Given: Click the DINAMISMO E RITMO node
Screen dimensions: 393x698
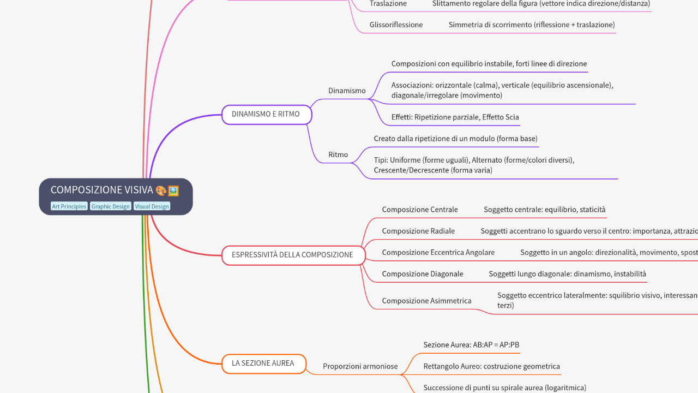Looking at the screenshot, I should click(x=266, y=115).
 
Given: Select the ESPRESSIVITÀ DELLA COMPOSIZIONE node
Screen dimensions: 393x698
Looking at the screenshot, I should click(x=292, y=255).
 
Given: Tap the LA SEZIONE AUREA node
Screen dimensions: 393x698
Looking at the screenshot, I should click(x=263, y=363).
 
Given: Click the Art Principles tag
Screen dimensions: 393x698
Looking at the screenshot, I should click(x=69, y=206).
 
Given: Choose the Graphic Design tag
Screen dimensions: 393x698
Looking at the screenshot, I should click(x=111, y=206).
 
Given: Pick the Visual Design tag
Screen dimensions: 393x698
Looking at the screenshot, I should click(x=152, y=206).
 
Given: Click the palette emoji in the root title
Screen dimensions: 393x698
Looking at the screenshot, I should click(x=161, y=190).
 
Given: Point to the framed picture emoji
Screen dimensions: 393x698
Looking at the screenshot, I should click(x=173, y=190).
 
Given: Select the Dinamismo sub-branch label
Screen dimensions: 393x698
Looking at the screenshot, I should click(x=347, y=91).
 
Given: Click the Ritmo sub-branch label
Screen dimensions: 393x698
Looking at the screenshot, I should click(x=338, y=154).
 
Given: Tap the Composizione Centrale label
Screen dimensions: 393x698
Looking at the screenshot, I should click(x=420, y=210).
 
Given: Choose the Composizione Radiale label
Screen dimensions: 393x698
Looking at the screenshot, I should click(x=418, y=231).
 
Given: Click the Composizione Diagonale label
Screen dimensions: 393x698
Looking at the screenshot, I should click(x=423, y=274).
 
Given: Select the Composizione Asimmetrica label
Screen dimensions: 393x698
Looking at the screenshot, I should click(x=426, y=301).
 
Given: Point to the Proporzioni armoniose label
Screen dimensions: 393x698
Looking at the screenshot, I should click(x=360, y=366).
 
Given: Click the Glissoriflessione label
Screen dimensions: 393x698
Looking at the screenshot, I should click(x=396, y=25).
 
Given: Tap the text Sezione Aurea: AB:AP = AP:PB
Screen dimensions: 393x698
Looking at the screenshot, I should click(x=471, y=345).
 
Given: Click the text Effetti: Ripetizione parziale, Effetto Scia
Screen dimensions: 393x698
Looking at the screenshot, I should click(x=455, y=117).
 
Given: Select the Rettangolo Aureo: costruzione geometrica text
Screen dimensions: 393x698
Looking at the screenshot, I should click(x=491, y=366).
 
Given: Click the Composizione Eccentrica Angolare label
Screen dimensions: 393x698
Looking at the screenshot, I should click(x=438, y=252).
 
